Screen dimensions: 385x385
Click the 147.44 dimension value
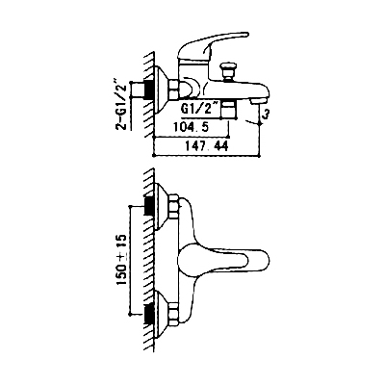click(x=207, y=146)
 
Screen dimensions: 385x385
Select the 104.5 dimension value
click(x=191, y=127)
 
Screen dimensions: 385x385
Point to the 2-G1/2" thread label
click(x=122, y=105)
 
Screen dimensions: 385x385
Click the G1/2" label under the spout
click(x=200, y=108)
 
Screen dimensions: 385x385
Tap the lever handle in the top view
click(x=222, y=258)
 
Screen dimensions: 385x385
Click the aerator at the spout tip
click(x=258, y=101)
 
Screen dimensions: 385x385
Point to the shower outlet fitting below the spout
click(x=229, y=109)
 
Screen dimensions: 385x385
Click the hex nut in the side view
click(x=174, y=90)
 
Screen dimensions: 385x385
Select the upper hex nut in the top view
click(x=174, y=206)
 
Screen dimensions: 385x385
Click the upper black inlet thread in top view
click(x=149, y=206)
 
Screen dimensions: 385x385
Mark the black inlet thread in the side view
click(x=149, y=90)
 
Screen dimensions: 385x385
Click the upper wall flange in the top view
click(x=162, y=206)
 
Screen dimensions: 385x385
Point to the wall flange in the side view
click(x=162, y=90)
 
